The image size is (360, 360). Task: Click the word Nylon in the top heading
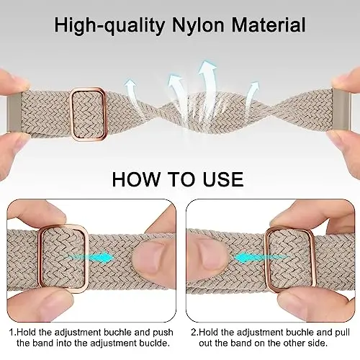[x=198, y=24]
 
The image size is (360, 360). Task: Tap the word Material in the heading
[x=269, y=24]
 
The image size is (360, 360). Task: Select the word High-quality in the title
[x=109, y=26]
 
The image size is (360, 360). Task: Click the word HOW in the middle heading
[x=136, y=179]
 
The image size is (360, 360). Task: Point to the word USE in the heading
[x=223, y=179]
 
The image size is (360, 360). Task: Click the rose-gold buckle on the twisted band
[x=72, y=114]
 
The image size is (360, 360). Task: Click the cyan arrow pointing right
[x=89, y=257]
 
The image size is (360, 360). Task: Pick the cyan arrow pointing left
[x=261, y=258]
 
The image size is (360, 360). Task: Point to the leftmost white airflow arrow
[x=131, y=92]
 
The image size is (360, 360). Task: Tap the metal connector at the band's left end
[x=14, y=112]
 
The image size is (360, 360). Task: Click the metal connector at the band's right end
[x=341, y=110]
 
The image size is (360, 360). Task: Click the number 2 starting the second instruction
[x=194, y=333]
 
